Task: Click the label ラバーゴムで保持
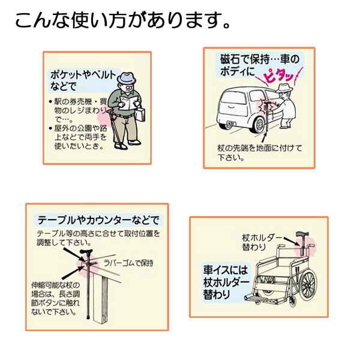127,263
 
